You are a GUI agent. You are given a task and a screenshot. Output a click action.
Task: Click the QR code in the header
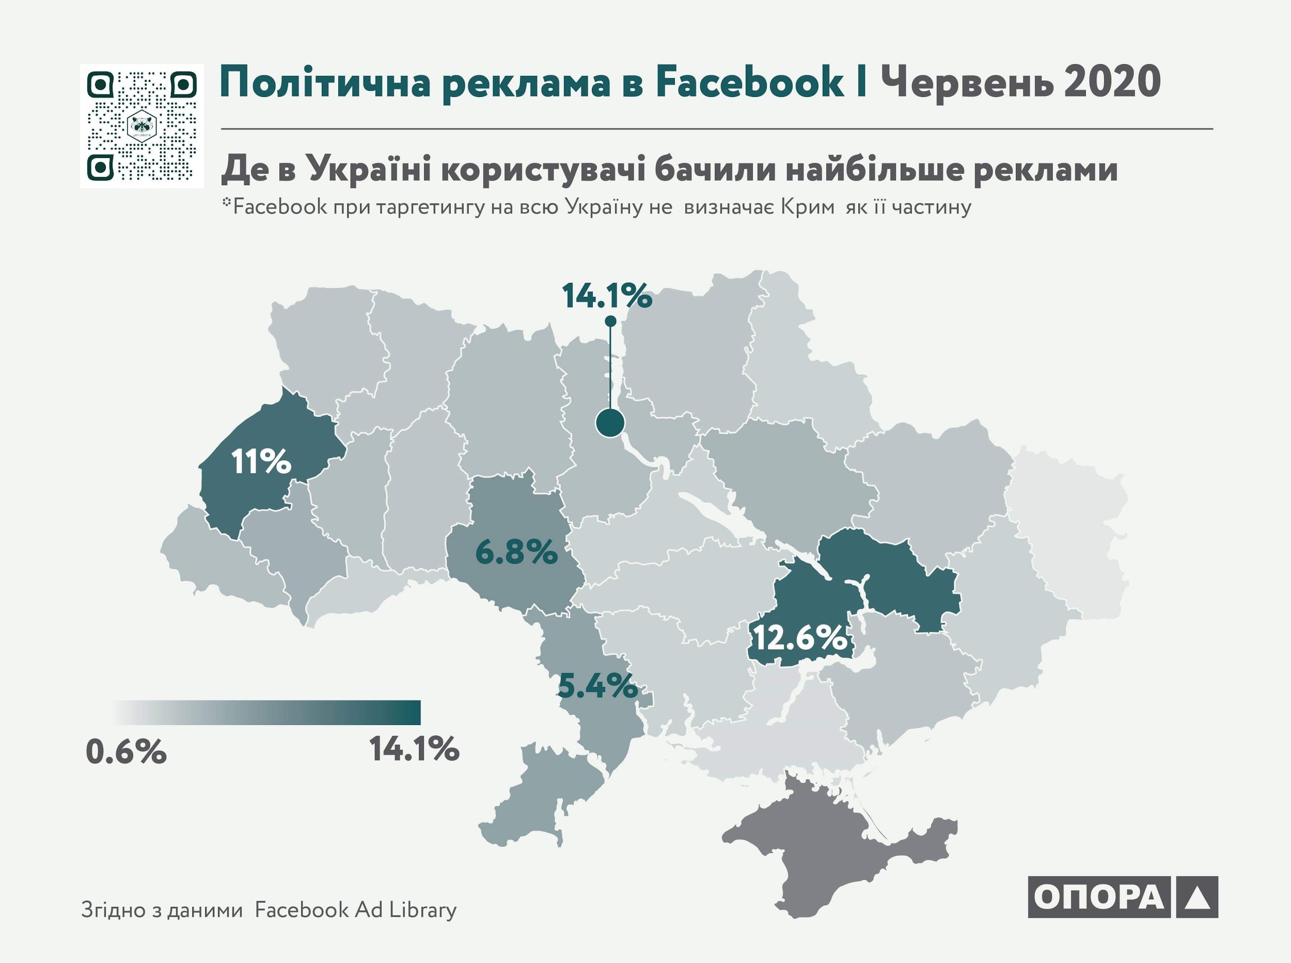coord(142,126)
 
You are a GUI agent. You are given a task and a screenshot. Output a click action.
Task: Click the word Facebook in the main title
coord(750,83)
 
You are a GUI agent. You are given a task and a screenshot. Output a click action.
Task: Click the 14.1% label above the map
coord(607,296)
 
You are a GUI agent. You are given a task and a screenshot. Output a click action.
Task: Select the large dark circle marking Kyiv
coord(610,423)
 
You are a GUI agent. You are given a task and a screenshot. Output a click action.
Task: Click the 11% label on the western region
coord(261,462)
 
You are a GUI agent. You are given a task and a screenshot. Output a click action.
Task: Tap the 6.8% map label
coord(516,552)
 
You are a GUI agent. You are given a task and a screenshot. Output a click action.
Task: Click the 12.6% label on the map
coord(800,637)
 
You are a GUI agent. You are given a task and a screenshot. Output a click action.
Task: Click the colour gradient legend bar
coord(267,712)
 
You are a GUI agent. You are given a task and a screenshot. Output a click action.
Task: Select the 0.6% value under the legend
coord(126,752)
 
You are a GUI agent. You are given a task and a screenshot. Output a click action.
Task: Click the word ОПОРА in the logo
coord(1098,897)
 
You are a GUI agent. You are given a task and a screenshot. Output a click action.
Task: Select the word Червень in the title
coord(967,83)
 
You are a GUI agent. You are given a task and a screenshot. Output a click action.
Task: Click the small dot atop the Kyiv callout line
coord(610,321)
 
